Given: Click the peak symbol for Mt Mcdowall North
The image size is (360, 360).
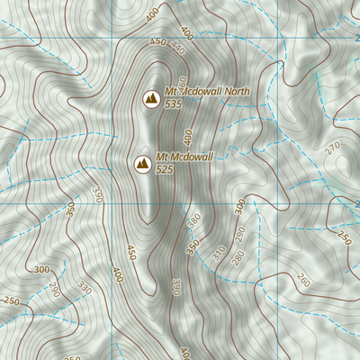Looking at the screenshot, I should [151, 96].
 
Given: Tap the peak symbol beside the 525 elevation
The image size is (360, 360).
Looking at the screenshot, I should [141, 163].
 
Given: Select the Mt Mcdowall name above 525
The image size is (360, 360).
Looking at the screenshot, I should [184, 157].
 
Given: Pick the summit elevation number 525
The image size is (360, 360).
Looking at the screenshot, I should [165, 169].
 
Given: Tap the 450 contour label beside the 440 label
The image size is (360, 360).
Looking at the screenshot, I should [158, 42].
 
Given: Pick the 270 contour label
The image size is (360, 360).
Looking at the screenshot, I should [334, 147].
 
